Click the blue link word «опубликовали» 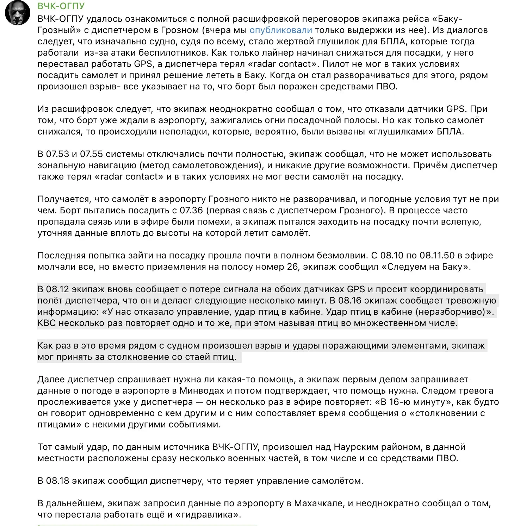click(x=281, y=30)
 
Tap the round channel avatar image click(x=18, y=13)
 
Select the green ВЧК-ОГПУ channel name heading click(x=61, y=6)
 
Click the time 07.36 click(x=191, y=211)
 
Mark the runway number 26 click(x=292, y=267)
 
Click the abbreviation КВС click(x=47, y=323)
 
